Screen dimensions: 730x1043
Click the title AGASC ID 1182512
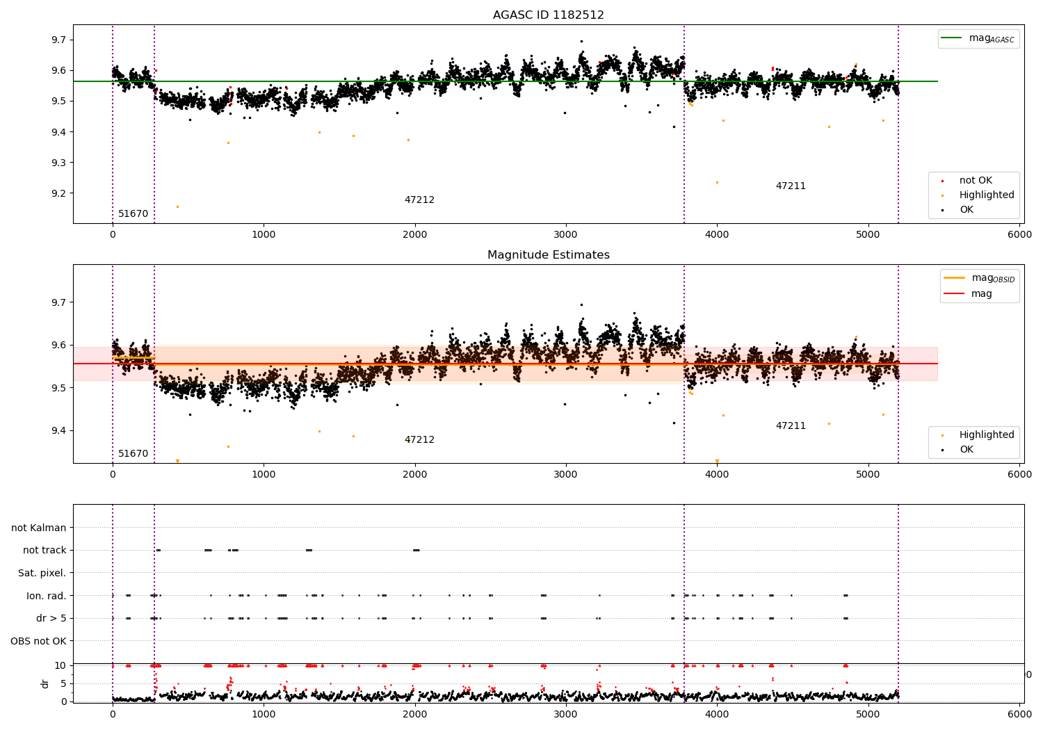pyautogui.click(x=548, y=15)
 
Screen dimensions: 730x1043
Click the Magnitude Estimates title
pyautogui.click(x=548, y=255)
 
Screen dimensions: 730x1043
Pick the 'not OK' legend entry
pyautogui.click(x=976, y=181)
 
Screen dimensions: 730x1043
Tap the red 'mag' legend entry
pyautogui.click(x=981, y=294)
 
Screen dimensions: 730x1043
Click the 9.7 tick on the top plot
pyautogui.click(x=58, y=40)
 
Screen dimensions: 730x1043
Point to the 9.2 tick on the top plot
pyautogui.click(x=58, y=193)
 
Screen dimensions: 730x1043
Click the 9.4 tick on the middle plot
pyautogui.click(x=58, y=431)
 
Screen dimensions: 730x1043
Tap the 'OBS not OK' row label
pyautogui.click(x=38, y=641)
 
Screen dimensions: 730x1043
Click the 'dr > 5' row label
pyautogui.click(x=51, y=618)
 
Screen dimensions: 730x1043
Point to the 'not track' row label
pyautogui.click(x=45, y=550)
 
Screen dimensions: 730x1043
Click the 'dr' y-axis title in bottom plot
pyautogui.click(x=45, y=683)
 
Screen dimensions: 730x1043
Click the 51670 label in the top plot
pyautogui.click(x=133, y=214)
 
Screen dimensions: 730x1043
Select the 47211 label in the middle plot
pyautogui.click(x=791, y=426)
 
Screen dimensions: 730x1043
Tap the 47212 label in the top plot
pyautogui.click(x=419, y=200)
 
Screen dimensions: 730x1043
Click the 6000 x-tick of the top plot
pyautogui.click(x=1020, y=235)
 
